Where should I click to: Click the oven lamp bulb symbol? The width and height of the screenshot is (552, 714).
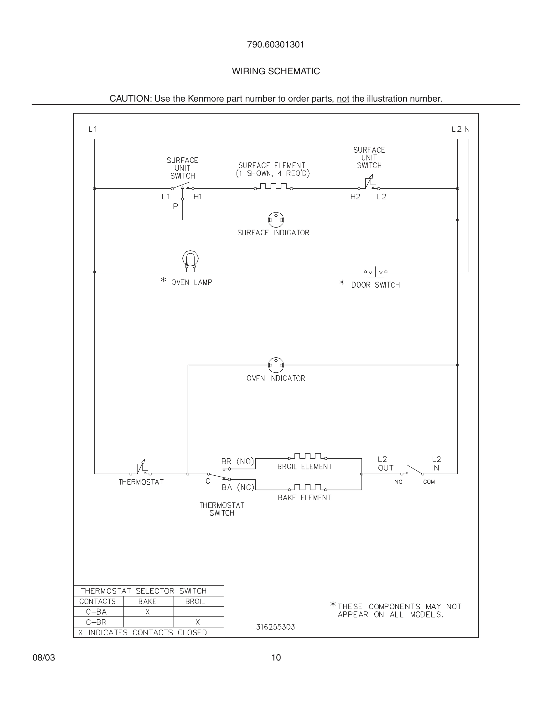190,259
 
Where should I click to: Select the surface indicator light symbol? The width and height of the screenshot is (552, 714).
276,220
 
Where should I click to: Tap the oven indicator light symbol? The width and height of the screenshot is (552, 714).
276,365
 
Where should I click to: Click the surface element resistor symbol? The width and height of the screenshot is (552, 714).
273,187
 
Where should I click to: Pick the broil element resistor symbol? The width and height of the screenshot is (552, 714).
307,457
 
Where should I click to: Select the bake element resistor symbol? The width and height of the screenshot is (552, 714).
307,488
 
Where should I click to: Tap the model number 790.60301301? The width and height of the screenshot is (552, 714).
276,45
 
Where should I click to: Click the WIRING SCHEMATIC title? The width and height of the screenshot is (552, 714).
276,71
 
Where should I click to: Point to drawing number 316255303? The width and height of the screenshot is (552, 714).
275,627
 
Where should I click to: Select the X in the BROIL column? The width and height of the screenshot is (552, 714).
198,622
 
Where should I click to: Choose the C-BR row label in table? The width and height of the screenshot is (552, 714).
97,622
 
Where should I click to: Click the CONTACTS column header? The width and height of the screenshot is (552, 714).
97,602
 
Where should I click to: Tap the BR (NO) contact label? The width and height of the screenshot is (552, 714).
238,461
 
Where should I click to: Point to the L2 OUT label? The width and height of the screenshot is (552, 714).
385,464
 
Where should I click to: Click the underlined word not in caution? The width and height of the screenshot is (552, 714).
343,99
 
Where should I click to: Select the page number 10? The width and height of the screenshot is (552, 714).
276,658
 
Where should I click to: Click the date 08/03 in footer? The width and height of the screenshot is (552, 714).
44,658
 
